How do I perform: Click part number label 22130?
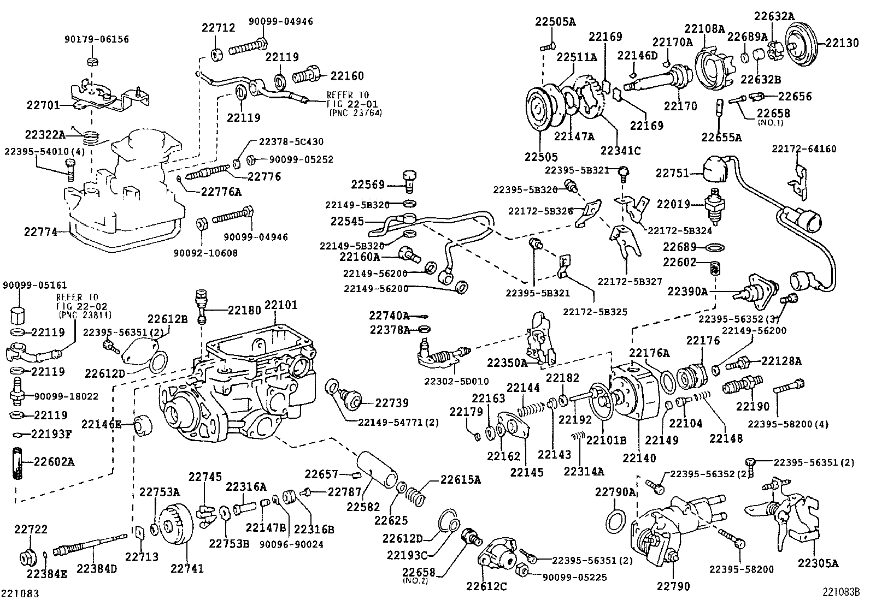842,43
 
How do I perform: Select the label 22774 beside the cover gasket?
40,231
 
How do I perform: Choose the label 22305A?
818,563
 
